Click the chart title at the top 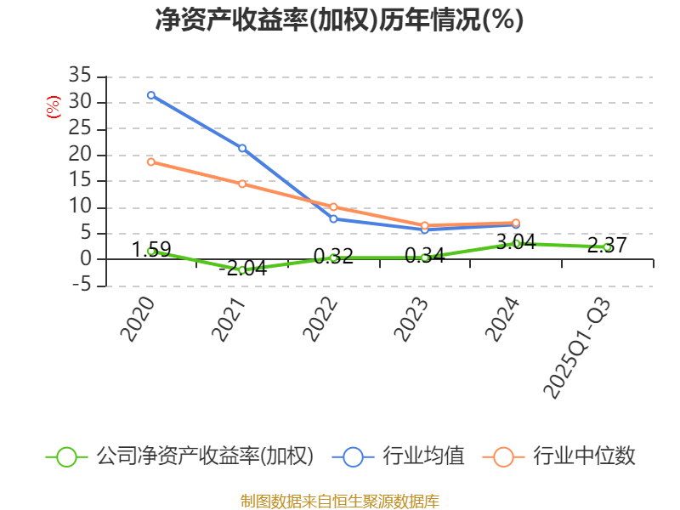[339, 20]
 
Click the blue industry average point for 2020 [151, 95]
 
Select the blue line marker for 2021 [242, 149]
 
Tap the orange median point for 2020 [151, 161]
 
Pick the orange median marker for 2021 [242, 184]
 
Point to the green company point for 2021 [242, 270]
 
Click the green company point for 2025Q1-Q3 [607, 247]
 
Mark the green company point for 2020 [151, 251]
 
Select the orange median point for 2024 [516, 223]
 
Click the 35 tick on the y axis [80, 76]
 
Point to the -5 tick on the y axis [80, 286]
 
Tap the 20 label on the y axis [80, 155]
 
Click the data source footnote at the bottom [339, 501]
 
